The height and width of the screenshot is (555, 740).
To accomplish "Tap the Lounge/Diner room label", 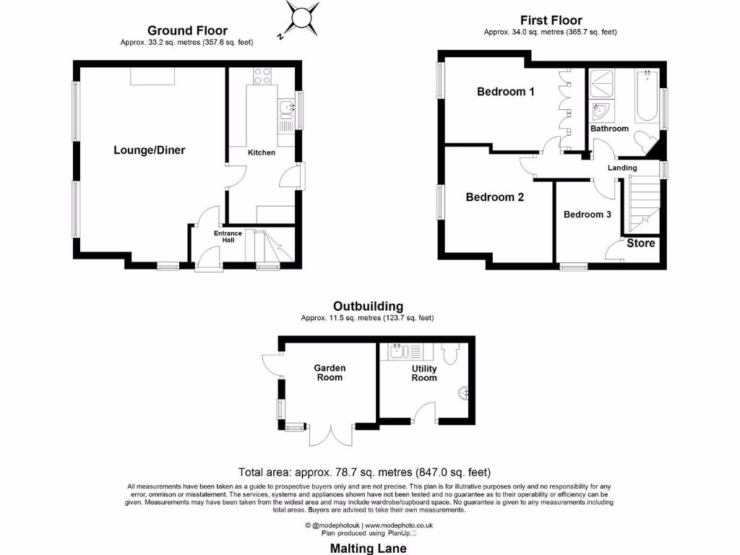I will click(x=149, y=150).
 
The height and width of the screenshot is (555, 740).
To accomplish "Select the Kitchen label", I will click(x=262, y=152).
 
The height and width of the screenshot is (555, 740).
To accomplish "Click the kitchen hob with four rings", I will click(x=262, y=75).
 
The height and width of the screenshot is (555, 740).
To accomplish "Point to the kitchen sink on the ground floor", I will click(x=287, y=109).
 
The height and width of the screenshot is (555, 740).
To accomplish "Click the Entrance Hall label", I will click(x=228, y=236).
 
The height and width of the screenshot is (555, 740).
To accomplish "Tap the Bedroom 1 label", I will click(x=506, y=92).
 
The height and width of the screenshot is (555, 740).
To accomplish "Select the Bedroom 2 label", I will click(x=494, y=197).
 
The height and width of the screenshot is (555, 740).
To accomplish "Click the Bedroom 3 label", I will click(x=588, y=215).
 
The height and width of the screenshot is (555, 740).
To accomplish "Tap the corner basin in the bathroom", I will click(x=601, y=113).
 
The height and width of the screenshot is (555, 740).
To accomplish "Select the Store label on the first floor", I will click(x=640, y=243).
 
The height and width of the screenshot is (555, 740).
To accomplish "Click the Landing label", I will click(x=622, y=168).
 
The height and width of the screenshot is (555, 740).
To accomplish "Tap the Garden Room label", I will click(x=329, y=372).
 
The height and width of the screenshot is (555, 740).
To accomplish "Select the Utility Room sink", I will click(x=397, y=352).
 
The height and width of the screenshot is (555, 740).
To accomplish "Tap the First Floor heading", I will click(x=551, y=20).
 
